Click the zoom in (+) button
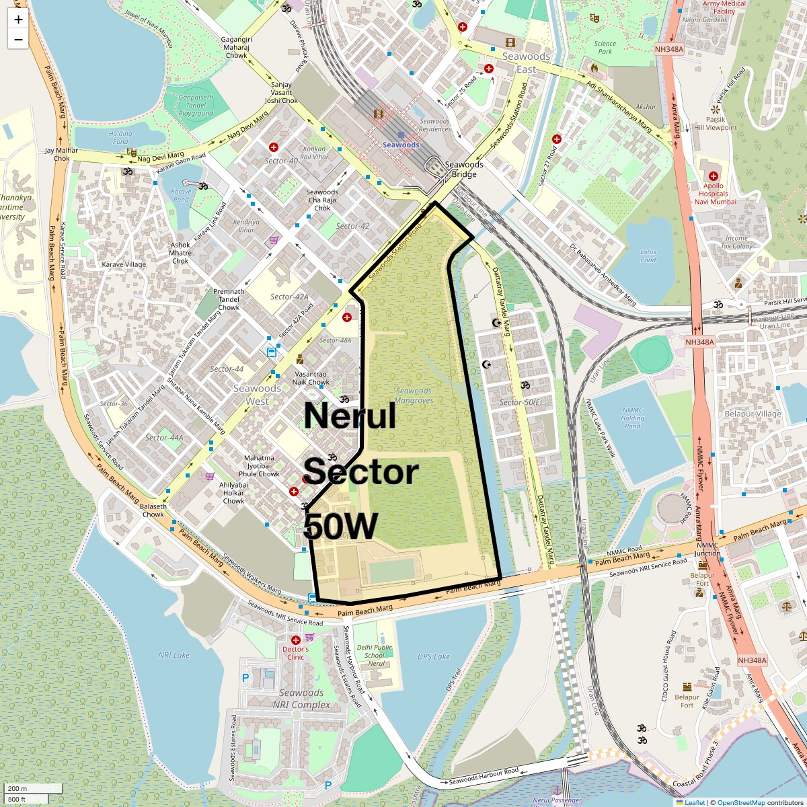(18, 20)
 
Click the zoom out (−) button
(18, 39)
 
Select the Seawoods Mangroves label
(414, 395)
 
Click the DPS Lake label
(433, 656)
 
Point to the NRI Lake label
(174, 655)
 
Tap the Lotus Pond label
(648, 256)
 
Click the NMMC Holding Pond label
(632, 418)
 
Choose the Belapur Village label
(753, 414)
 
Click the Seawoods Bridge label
(463, 169)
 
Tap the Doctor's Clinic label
(296, 652)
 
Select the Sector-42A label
(289, 297)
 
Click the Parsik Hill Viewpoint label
(716, 123)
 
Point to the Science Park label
(605, 47)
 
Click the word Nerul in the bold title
(350, 416)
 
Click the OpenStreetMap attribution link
(741, 802)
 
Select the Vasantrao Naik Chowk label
(311, 378)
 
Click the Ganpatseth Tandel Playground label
(196, 105)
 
